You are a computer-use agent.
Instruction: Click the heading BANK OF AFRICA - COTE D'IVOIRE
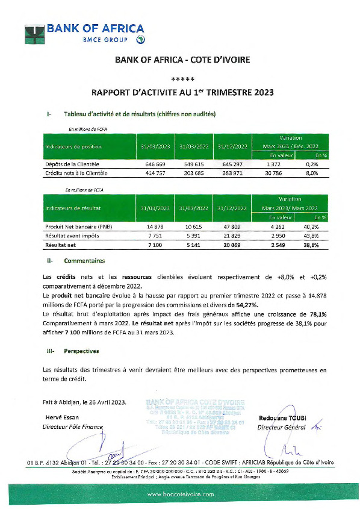coord(179,60)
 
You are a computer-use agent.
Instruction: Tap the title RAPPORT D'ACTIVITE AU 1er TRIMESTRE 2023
coord(179,93)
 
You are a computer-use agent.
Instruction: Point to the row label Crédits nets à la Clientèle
coord(76,173)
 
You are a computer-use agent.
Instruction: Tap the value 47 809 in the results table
coord(232,226)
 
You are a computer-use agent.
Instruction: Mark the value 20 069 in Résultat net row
coord(232,245)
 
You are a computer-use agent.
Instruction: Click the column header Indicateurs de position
coord(73,146)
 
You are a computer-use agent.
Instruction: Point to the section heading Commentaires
coord(84,261)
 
